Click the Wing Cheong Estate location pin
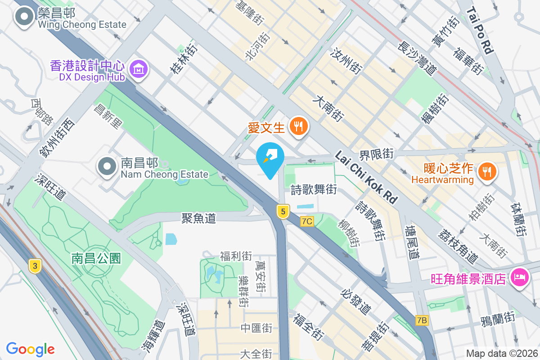point(24,18)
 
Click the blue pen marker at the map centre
point(270,159)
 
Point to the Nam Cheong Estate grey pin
point(107,166)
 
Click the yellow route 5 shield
point(283,211)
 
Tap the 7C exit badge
point(307,221)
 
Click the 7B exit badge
point(422,320)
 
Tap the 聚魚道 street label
point(198,219)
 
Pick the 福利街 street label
point(236,256)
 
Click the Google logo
point(31,349)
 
